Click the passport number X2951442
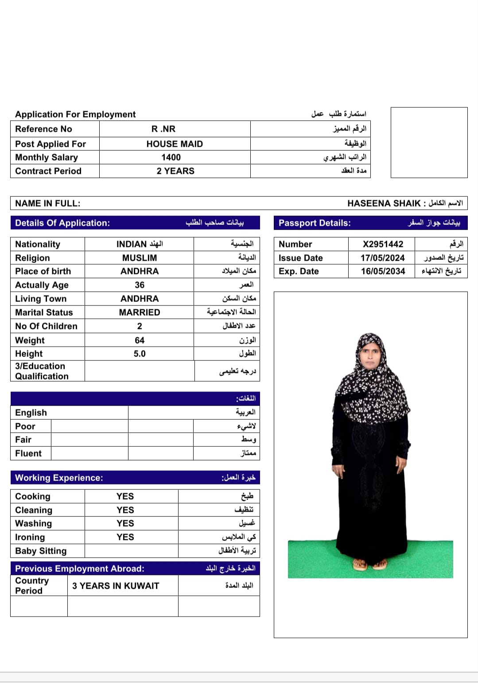tap(383, 244)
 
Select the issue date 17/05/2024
tap(383, 258)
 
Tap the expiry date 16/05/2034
tap(383, 271)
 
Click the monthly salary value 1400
tap(171, 157)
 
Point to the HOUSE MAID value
tap(175, 144)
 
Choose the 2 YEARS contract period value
tap(175, 171)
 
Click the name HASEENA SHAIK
tap(384, 203)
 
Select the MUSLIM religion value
tap(140, 258)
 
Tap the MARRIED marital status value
tap(140, 312)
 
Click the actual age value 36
tap(140, 285)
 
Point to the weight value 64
tap(140, 340)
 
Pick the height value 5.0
tap(140, 354)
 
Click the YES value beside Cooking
tap(125, 496)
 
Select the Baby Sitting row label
tap(41, 551)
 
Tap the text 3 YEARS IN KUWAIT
tap(116, 586)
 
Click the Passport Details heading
tap(315, 223)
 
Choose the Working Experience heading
tap(59, 478)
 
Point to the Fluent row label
tap(28, 453)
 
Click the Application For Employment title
tap(75, 114)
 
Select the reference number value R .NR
tap(163, 129)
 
